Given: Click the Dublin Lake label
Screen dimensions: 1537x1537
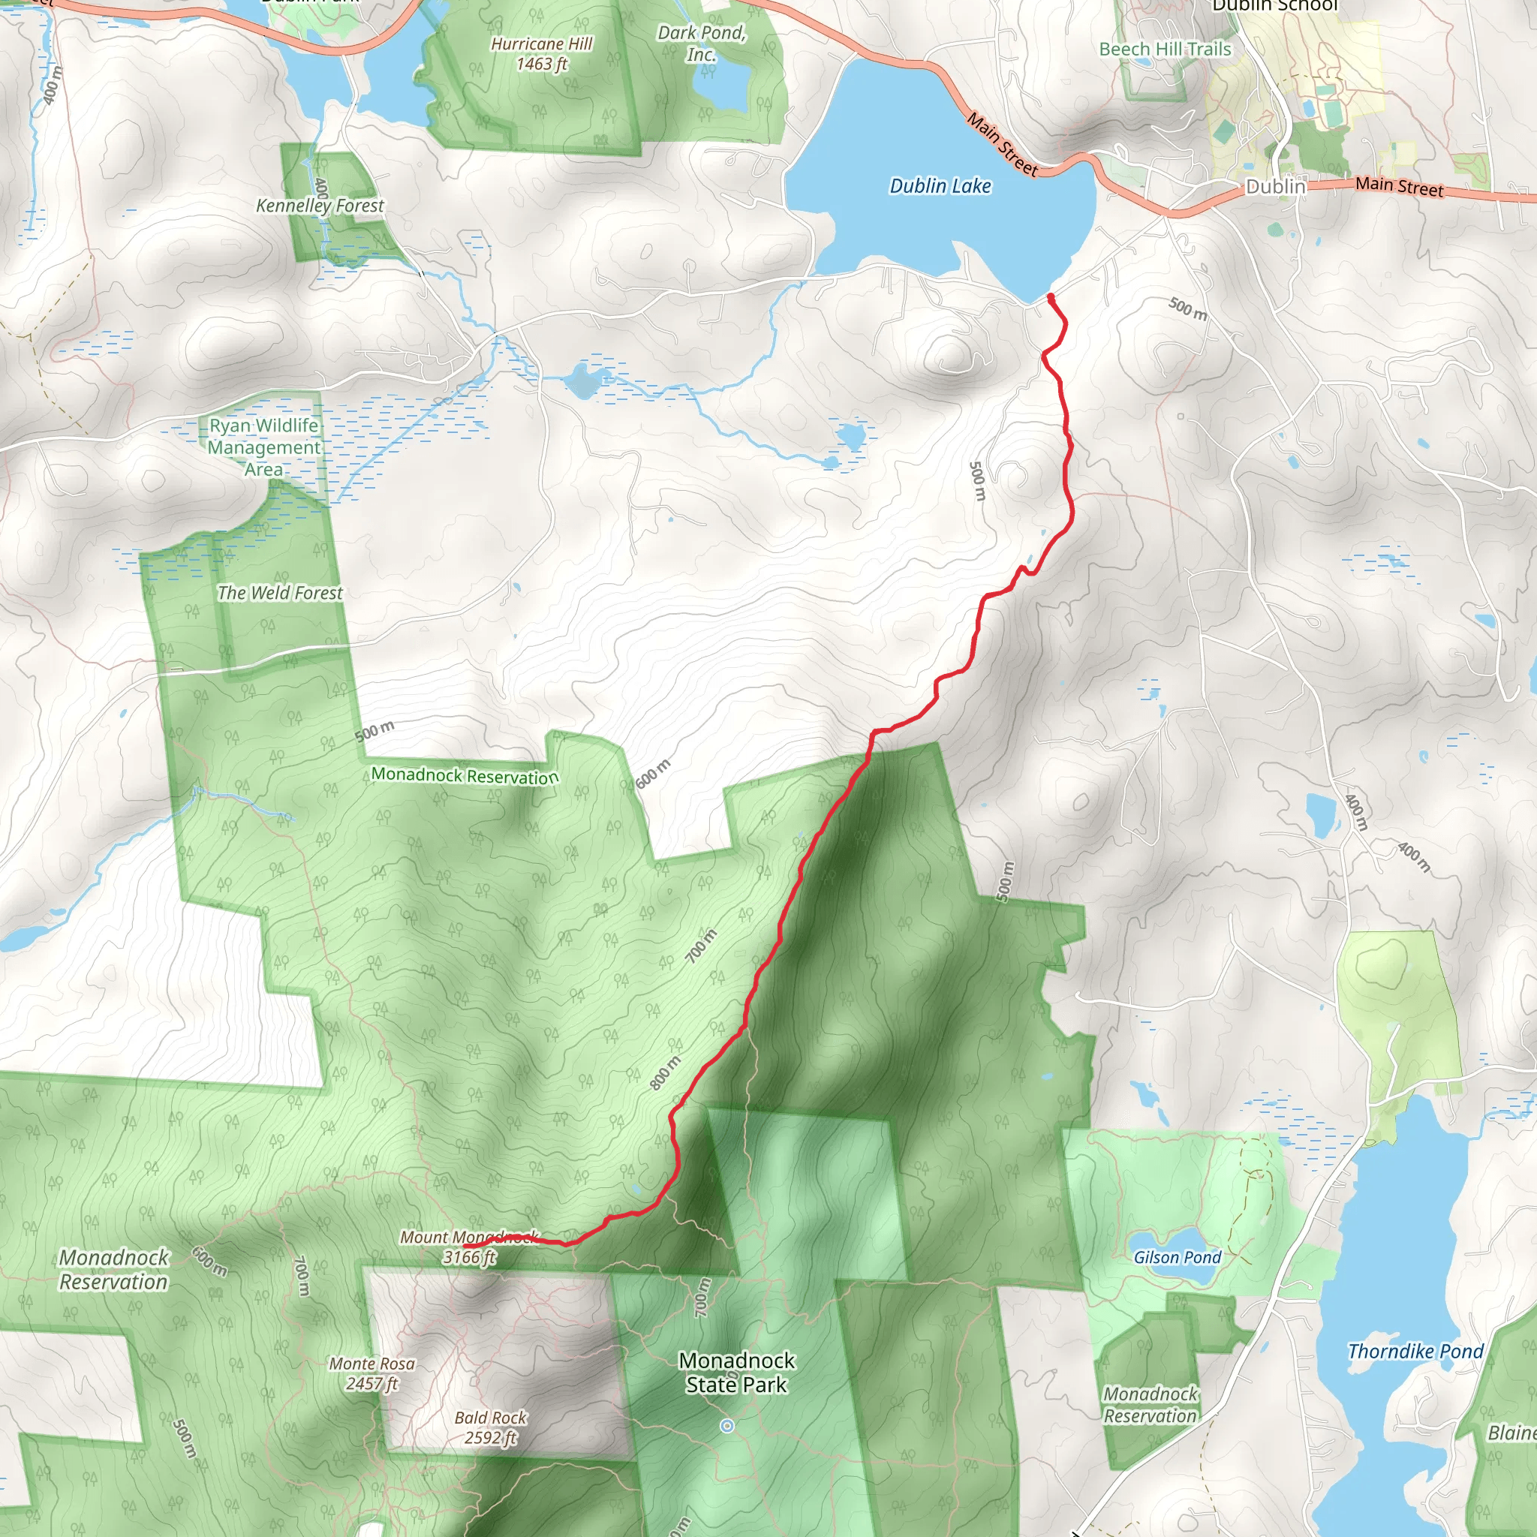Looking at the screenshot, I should click(940, 186).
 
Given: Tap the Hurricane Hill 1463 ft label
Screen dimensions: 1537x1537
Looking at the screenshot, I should click(542, 54).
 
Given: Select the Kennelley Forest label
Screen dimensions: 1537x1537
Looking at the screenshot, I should click(320, 205).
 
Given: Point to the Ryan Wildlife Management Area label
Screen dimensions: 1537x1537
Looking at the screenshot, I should click(264, 447).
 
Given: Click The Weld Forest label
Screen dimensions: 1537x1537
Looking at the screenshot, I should click(280, 593).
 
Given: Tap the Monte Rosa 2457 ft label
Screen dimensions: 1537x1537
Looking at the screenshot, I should click(372, 1373).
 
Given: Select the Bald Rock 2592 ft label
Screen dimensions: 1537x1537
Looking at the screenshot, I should click(491, 1427).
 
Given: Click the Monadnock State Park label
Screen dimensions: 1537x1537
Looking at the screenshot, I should click(737, 1373).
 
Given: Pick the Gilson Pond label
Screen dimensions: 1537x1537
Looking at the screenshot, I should click(1178, 1257).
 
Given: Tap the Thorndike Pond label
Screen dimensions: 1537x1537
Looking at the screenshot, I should click(1415, 1351).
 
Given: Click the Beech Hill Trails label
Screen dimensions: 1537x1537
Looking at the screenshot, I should click(1165, 50).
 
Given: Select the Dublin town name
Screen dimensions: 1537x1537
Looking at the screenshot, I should click(1275, 186).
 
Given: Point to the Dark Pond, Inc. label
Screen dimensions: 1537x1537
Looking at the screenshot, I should click(702, 43).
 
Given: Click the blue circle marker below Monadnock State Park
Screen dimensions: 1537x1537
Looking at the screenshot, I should click(726, 1426).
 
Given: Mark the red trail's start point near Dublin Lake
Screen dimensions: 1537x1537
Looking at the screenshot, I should click(1051, 297).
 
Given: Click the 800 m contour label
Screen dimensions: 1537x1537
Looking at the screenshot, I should click(665, 1073).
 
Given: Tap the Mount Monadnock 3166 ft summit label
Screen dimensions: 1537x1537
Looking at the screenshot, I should click(469, 1247).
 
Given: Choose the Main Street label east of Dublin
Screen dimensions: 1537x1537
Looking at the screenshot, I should click(1400, 187).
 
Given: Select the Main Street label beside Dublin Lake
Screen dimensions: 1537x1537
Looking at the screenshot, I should click(1003, 144).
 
